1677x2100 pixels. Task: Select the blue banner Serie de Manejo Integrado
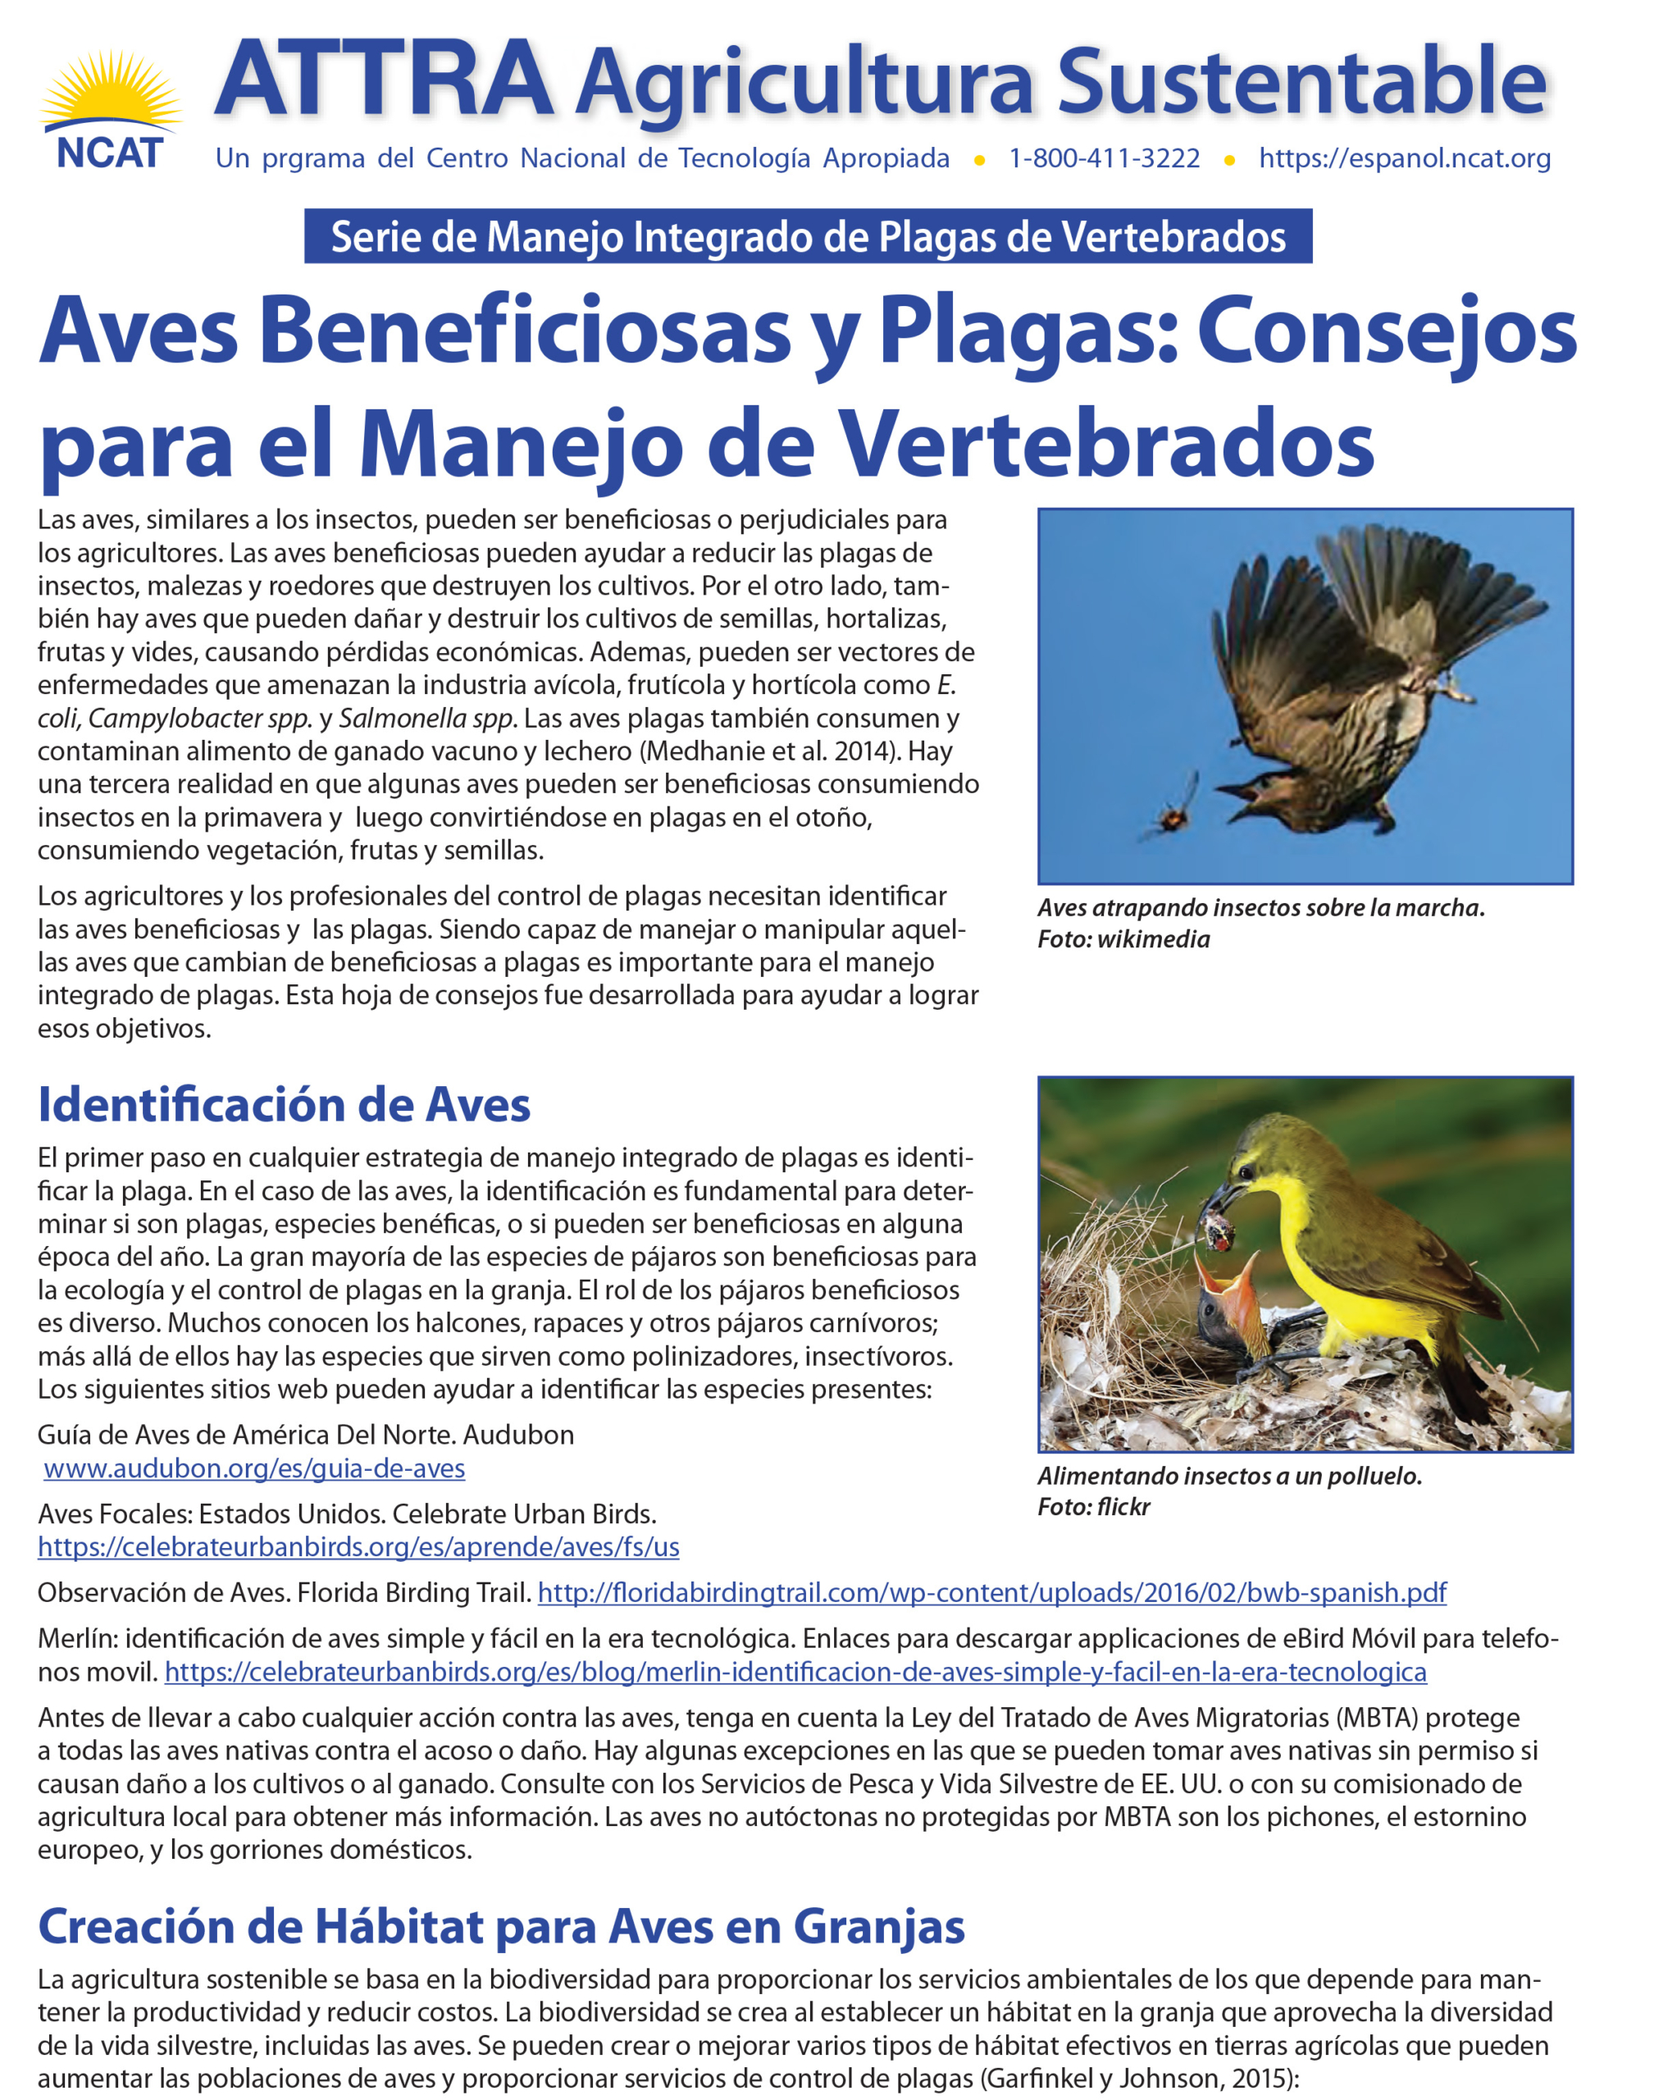tap(807, 237)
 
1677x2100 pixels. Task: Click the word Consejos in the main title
tap(1386, 331)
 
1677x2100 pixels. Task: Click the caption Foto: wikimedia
tap(1123, 939)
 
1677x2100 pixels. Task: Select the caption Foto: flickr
tap(1094, 1507)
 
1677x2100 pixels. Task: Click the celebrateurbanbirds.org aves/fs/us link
tap(358, 1547)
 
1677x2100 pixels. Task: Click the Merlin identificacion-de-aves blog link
tap(795, 1672)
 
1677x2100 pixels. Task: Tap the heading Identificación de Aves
tap(284, 1104)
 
